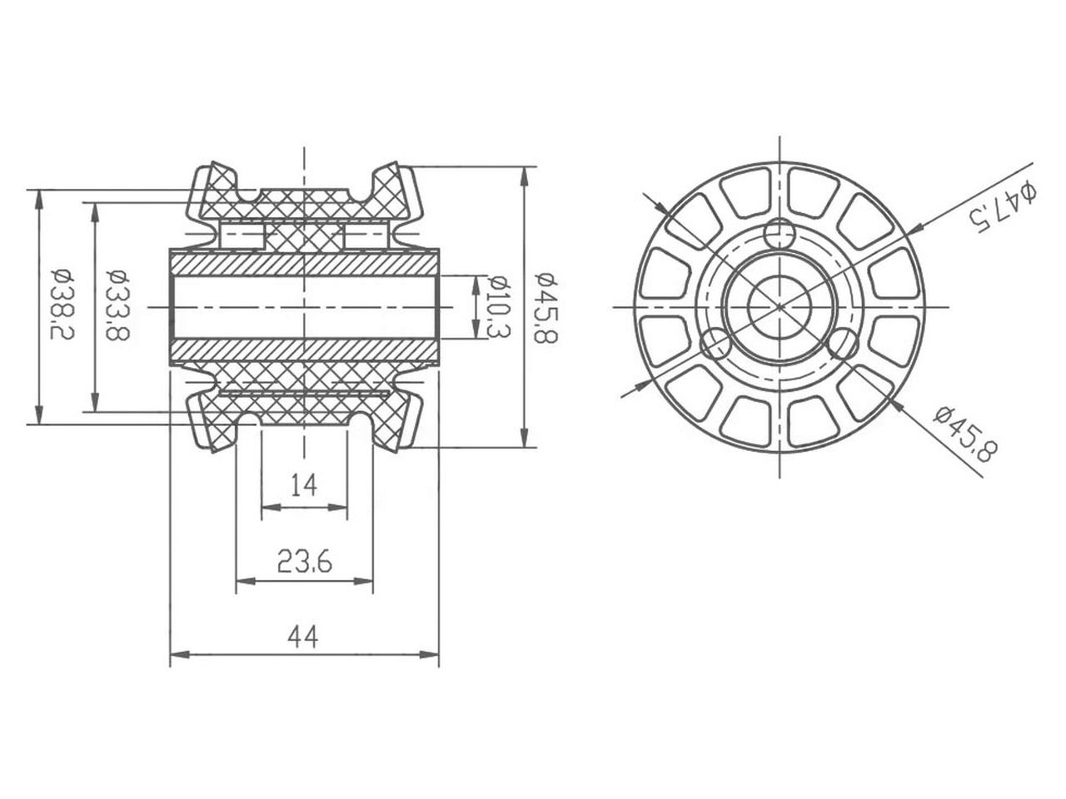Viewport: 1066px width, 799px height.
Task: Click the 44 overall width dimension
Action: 303,638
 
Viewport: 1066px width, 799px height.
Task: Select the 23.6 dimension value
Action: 304,563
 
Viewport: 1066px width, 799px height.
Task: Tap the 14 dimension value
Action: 304,484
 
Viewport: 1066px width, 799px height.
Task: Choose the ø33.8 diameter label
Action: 117,305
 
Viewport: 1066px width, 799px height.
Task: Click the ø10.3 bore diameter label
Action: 497,306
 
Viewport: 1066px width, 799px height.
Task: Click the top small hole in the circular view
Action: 780,232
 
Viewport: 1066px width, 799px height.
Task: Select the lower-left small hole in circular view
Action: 716,343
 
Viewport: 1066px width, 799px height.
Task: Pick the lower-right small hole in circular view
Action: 844,343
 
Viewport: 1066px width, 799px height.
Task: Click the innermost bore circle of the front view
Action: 780,305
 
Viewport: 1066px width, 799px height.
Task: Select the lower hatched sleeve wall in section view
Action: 304,350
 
